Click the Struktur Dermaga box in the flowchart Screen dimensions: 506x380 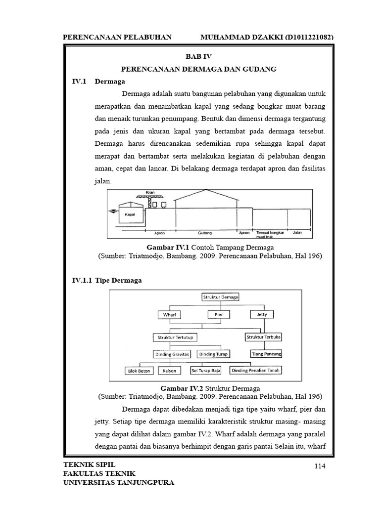(x=221, y=297)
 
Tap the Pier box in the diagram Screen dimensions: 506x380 (x=219, y=314)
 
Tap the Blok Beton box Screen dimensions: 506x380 (x=138, y=371)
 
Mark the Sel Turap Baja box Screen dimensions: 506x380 (x=206, y=370)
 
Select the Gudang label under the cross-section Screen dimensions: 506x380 (x=205, y=232)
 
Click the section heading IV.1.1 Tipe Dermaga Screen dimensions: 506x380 (x=107, y=280)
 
